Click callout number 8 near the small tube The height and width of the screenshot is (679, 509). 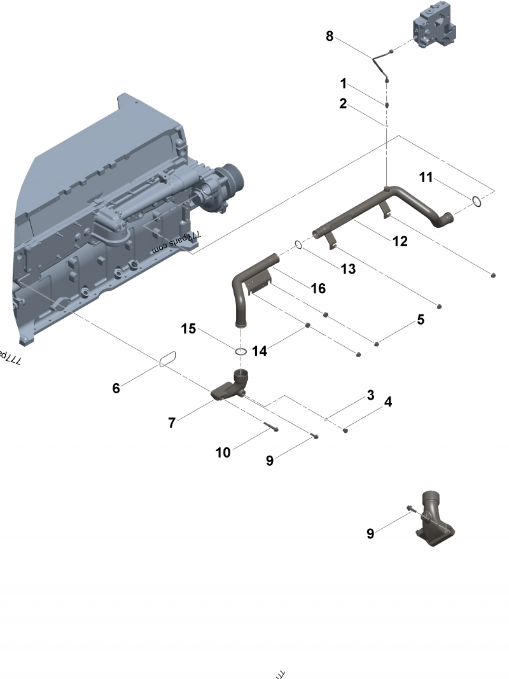click(x=330, y=36)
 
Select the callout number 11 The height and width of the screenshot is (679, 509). click(x=426, y=177)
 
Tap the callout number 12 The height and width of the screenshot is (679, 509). click(x=400, y=242)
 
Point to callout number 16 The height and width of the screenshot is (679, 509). click(x=318, y=288)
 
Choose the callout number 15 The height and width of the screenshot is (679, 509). click(x=188, y=328)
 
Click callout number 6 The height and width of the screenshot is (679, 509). click(x=116, y=388)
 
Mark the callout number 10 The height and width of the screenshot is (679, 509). click(x=223, y=452)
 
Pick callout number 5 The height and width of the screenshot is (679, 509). click(x=421, y=319)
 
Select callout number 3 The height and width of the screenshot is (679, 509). click(x=370, y=395)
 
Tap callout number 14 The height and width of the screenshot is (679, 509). click(x=259, y=351)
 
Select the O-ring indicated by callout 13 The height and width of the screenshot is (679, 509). click(x=298, y=244)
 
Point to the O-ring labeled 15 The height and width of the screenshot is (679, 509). click(x=241, y=352)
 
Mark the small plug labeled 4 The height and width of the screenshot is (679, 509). click(x=345, y=431)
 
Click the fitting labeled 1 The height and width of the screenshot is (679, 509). click(x=387, y=105)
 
